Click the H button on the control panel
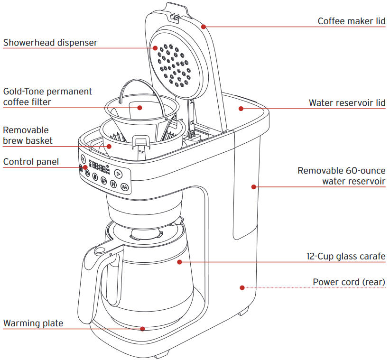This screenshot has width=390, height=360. coord(113,184)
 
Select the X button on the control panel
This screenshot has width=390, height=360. coord(84,159)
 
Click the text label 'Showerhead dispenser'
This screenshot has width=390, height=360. coord(50,43)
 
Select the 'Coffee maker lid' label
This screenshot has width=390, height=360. coord(351,21)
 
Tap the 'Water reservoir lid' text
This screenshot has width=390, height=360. coord(347,103)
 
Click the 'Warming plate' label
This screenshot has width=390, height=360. coord(33,323)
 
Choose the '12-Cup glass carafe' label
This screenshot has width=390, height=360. coord(345,257)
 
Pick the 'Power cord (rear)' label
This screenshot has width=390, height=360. coord(349,282)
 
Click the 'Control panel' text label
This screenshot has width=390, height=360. coord(31,162)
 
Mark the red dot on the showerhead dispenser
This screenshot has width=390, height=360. coord(155,47)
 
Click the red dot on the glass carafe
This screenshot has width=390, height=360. coord(179,261)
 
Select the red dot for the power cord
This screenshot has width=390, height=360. coord(242,287)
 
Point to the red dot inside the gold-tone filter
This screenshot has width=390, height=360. coord(140,108)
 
